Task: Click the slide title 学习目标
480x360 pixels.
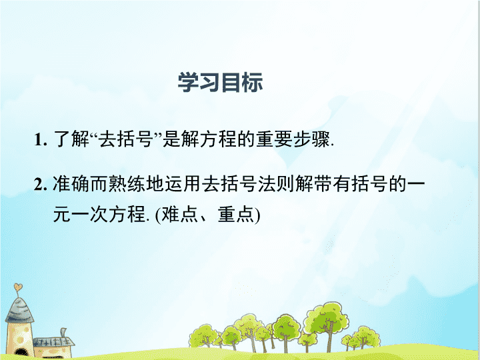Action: click(x=220, y=83)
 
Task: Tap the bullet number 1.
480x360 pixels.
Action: click(x=41, y=140)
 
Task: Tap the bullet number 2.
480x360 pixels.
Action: click(x=41, y=185)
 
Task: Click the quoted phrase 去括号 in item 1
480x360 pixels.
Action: click(x=126, y=139)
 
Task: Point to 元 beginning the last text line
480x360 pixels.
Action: click(x=62, y=214)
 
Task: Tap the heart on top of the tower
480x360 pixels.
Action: click(x=18, y=287)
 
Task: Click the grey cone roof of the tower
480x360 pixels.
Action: click(x=19, y=310)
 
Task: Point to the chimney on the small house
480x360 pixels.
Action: click(x=63, y=333)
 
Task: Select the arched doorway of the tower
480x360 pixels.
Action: click(x=21, y=353)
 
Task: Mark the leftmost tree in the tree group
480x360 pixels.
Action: click(x=203, y=336)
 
